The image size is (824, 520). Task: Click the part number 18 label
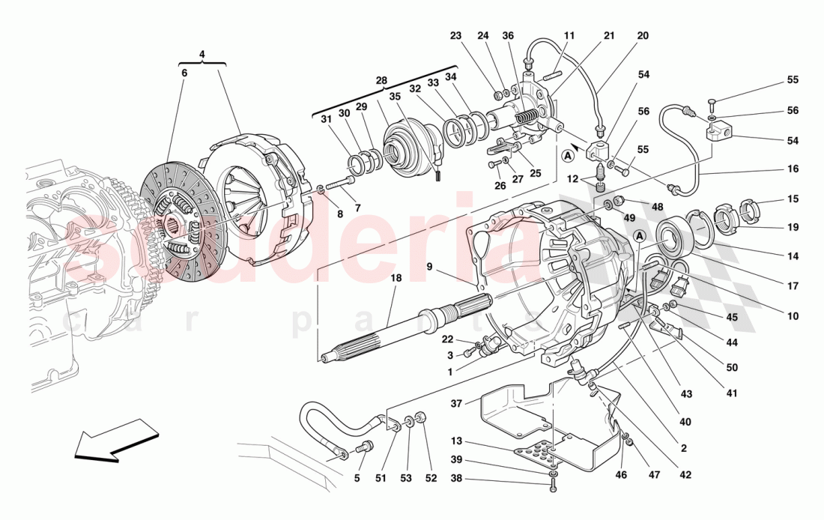396,278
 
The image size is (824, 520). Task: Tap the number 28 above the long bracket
381,80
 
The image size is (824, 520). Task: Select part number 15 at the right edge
793,199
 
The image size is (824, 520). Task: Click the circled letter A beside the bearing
640,235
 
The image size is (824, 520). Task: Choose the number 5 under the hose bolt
357,477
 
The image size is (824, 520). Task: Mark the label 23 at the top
456,35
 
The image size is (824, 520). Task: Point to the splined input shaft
405,329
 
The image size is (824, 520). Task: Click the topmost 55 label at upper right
793,80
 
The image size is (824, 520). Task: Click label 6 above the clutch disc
184,73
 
